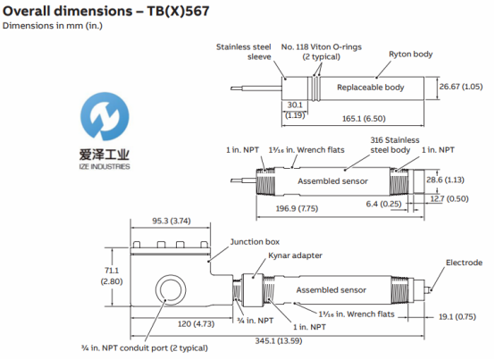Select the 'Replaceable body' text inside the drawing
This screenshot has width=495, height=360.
point(371,88)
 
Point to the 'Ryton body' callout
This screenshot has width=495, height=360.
point(410,54)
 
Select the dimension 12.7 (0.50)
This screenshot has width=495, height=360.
point(463,198)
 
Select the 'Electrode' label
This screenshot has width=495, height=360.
point(463,263)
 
